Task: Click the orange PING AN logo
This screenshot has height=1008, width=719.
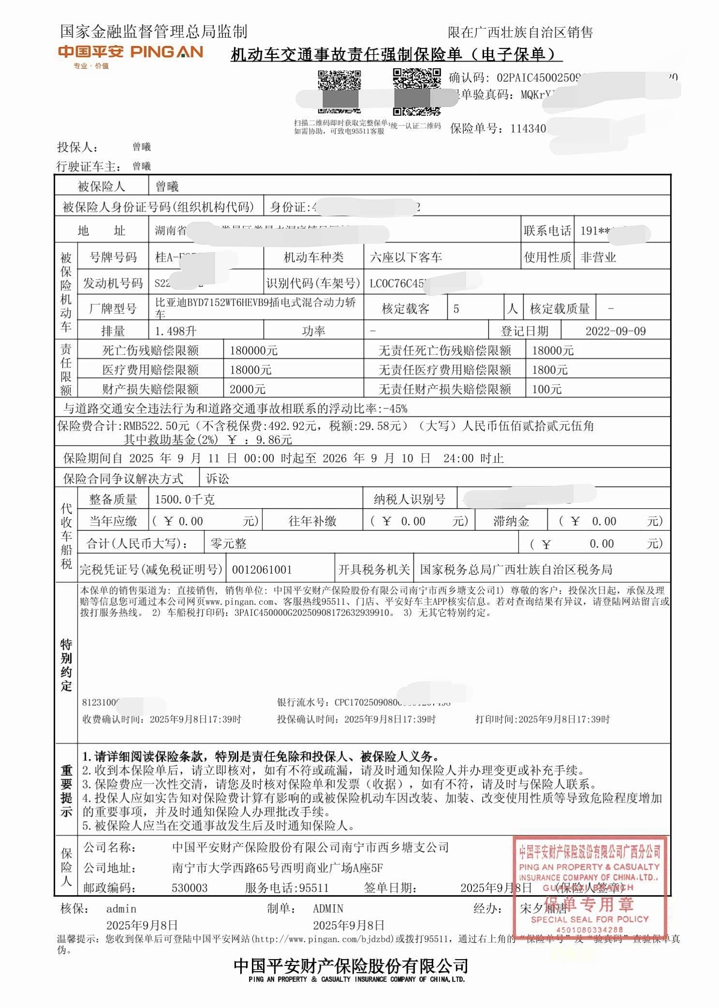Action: (x=130, y=52)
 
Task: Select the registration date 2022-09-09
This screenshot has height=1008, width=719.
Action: (x=615, y=331)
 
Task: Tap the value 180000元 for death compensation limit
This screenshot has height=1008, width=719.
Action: (x=253, y=350)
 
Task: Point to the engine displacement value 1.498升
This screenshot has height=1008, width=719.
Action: (x=175, y=331)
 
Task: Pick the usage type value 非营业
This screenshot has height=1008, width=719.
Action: (x=598, y=257)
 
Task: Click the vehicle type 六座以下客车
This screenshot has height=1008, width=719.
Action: (x=406, y=257)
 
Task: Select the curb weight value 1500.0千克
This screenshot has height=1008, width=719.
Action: (x=184, y=500)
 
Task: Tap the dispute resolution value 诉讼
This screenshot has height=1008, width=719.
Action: (x=218, y=479)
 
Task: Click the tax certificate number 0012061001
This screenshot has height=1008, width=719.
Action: (x=262, y=570)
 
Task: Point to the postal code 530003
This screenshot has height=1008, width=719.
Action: (x=189, y=888)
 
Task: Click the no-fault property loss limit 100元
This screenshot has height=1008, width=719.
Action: (x=547, y=389)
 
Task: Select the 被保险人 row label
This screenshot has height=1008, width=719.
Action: (x=101, y=187)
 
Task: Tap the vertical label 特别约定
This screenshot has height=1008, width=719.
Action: (x=66, y=665)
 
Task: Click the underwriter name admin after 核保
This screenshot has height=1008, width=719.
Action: (x=121, y=909)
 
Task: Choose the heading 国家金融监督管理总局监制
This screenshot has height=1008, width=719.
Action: (x=154, y=32)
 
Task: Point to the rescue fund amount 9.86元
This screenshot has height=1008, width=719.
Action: (x=274, y=440)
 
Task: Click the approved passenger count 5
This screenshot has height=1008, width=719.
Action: (x=456, y=309)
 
